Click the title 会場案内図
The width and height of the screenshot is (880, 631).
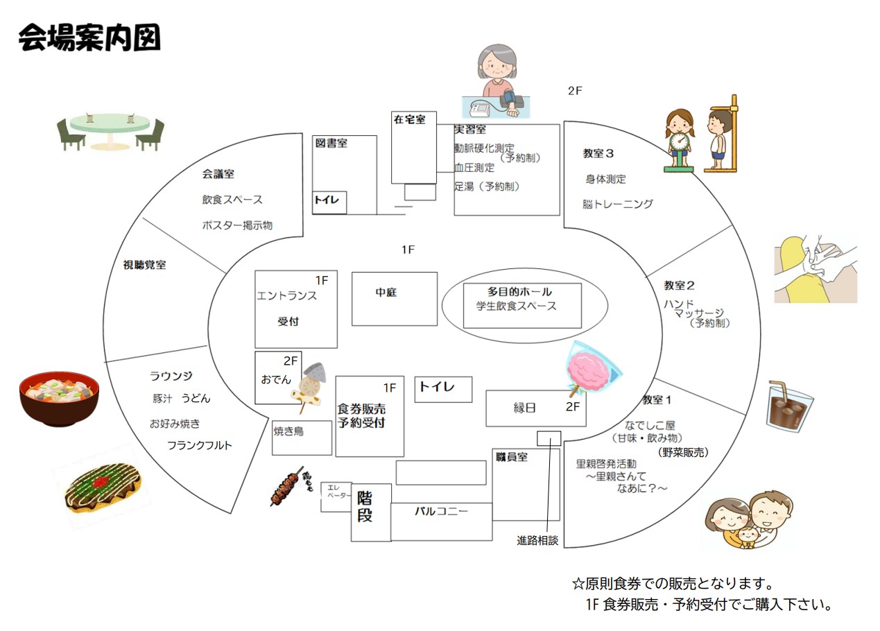(x=89, y=37)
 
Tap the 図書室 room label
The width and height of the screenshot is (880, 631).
(x=331, y=144)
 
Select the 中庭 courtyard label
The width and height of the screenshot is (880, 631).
(x=386, y=293)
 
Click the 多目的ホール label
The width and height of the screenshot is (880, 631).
(x=520, y=291)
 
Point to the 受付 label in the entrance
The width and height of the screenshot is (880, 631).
(x=288, y=322)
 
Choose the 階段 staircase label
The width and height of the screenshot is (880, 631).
(x=365, y=506)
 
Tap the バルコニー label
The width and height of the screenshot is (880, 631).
(x=442, y=512)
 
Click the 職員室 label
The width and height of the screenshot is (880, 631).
(x=512, y=457)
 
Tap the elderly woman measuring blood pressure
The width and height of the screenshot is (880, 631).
(x=497, y=83)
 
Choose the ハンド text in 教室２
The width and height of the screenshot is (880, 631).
(x=678, y=303)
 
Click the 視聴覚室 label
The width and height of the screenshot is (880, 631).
(x=144, y=264)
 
